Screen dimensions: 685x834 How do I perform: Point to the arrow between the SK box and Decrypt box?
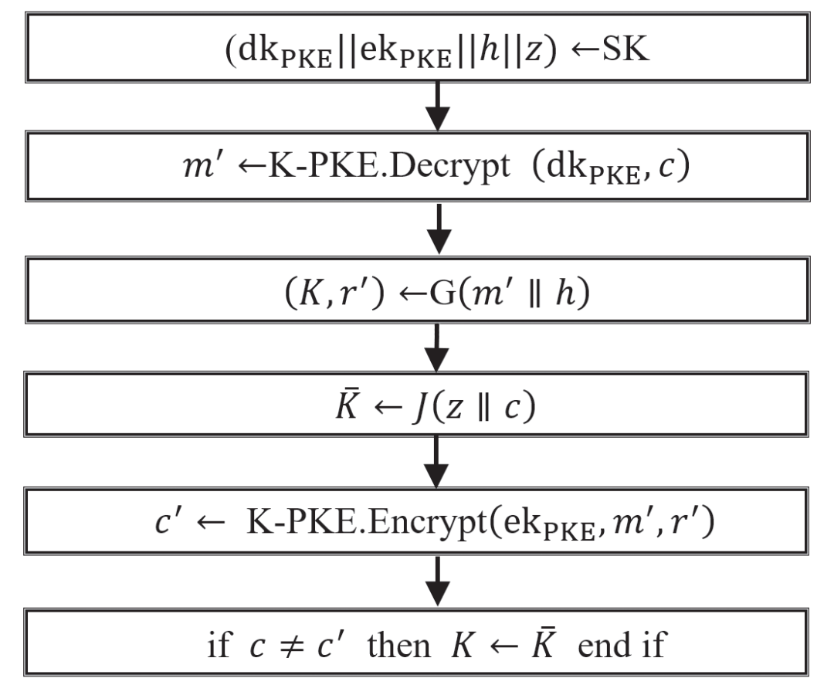438,107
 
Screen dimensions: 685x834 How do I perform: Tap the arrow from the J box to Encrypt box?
438,464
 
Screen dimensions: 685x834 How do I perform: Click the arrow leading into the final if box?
438,583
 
